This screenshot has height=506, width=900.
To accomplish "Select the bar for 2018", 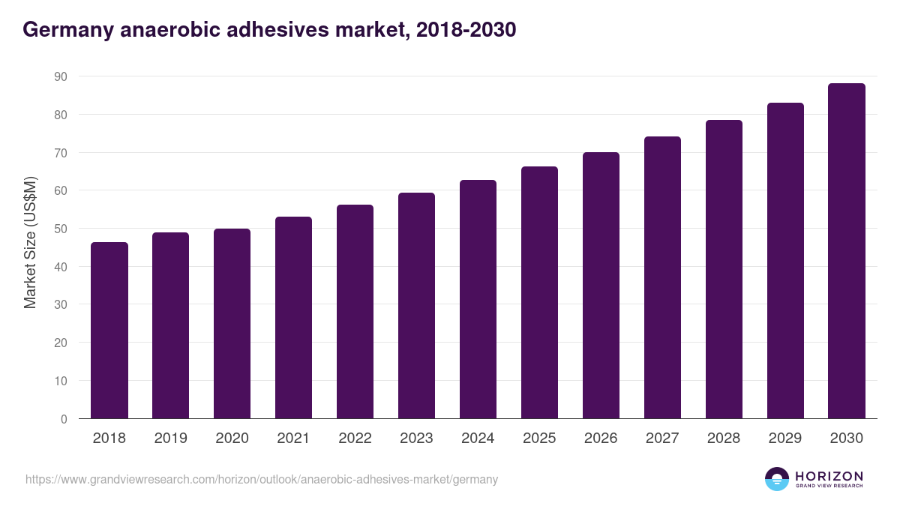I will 109,331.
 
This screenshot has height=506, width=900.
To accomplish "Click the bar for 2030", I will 847,251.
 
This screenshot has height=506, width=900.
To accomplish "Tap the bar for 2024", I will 478,299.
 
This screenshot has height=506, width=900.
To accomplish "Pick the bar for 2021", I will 293,318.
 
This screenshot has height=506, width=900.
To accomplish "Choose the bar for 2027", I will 662,277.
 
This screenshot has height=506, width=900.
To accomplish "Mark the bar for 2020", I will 232,324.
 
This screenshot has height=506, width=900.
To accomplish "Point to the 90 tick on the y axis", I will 60,76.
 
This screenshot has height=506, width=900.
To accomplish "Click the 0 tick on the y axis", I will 64,419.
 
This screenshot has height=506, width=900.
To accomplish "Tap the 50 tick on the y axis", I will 60,229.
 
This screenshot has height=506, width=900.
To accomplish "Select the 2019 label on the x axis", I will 170,439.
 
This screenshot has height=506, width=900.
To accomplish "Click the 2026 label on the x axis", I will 601,439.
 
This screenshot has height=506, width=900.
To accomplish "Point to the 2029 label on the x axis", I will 785,439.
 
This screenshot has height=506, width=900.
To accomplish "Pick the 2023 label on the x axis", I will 416,439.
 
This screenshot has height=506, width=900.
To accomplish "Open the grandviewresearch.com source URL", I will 262,479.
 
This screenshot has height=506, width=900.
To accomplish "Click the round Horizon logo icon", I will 777,479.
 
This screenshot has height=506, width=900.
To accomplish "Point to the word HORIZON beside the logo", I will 829,476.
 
